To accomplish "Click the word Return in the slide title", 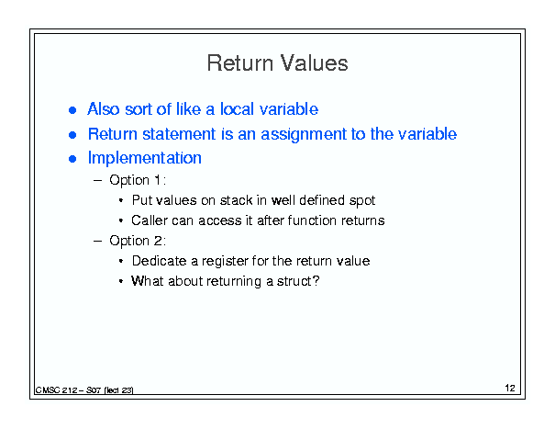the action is (240, 63).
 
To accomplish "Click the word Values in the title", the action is (315, 63).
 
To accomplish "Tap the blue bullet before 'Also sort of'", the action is (72, 110).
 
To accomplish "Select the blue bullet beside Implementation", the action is (72, 159).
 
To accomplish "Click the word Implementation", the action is (145, 158).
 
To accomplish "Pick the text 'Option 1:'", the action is (138, 180).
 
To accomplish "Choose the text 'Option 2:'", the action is (138, 241).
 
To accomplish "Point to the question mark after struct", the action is (316, 281).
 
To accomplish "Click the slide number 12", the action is (510, 389).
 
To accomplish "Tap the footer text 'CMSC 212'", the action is (56, 390).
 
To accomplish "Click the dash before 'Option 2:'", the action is (97, 241).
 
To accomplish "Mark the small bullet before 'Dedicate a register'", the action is (121, 261).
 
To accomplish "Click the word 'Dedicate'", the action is (159, 261).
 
